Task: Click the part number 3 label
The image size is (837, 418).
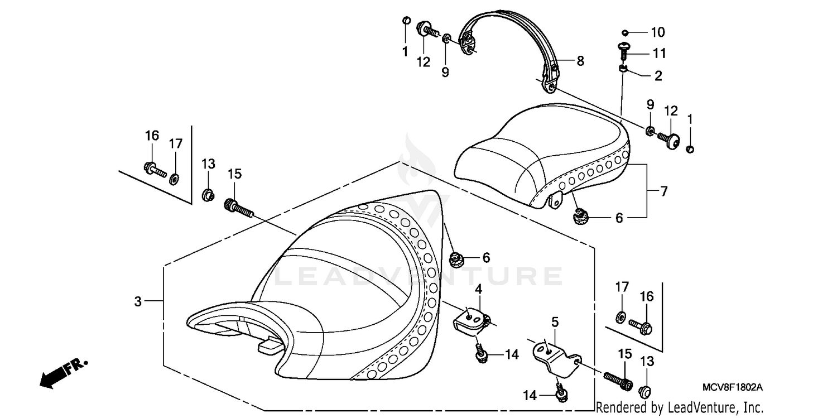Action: click(x=138, y=301)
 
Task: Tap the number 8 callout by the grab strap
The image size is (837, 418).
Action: click(x=580, y=61)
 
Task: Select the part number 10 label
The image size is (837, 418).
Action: click(x=658, y=32)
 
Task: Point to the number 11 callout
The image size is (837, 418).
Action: click(x=660, y=54)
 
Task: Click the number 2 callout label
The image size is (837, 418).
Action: click(x=658, y=76)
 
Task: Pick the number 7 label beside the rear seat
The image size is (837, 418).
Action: click(x=663, y=191)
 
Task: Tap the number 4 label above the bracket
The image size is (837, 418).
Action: click(x=478, y=289)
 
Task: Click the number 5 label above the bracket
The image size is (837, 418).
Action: click(x=555, y=322)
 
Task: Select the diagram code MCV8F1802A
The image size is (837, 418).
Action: click(x=733, y=386)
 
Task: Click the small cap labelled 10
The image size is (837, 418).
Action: click(x=626, y=32)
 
